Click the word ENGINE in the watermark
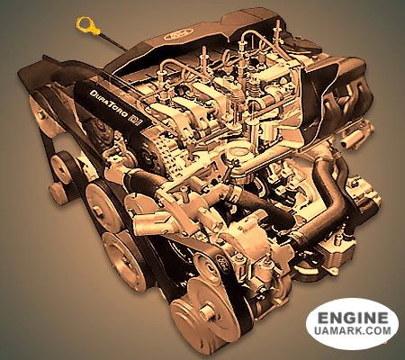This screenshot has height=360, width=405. pyautogui.click(x=353, y=318)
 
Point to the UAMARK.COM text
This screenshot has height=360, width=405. pyautogui.click(x=353, y=330)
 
